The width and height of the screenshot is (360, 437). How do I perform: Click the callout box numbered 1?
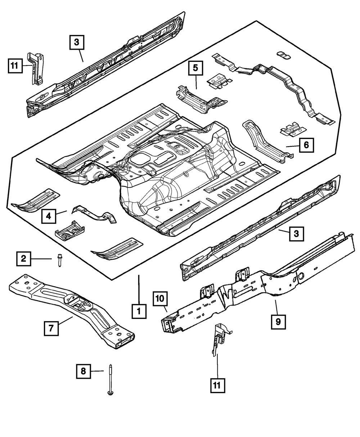coord(139,311)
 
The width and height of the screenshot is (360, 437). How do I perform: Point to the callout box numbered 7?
coord(51,328)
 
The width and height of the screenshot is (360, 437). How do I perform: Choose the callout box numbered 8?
coord(84,371)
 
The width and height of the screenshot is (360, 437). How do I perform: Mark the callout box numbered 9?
coord(278,321)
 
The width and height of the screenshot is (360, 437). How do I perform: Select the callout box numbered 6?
coord(306,145)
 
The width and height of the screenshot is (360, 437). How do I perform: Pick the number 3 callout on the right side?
coord(296,234)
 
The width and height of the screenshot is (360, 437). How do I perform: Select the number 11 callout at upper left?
coord(14,66)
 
